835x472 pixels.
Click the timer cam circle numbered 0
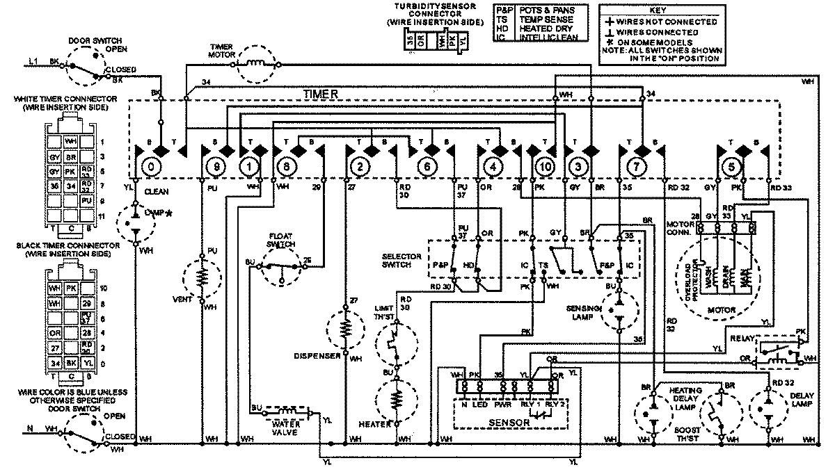click(x=148, y=167)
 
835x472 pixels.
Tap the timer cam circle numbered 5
click(x=729, y=167)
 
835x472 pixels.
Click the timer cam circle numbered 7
click(x=633, y=167)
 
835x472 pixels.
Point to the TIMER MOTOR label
click(x=221, y=51)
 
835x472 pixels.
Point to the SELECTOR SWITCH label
click(x=402, y=261)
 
